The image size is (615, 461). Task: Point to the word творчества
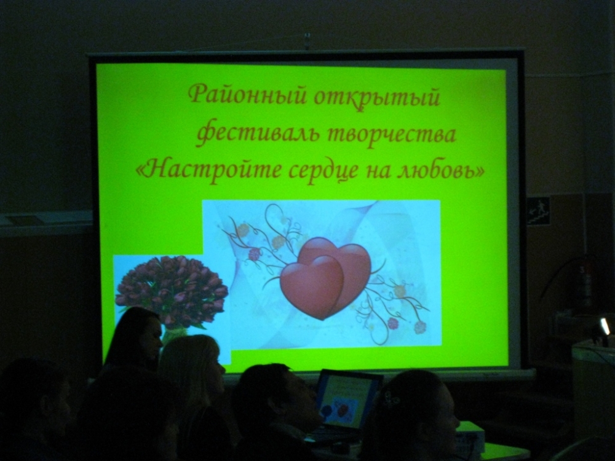[391, 135]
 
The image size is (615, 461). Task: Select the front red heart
[311, 287]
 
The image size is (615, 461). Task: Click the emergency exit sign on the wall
[538, 211]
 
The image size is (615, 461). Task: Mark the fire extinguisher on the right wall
[586, 284]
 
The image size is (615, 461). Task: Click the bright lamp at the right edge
[605, 326]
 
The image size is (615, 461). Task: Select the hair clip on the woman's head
[391, 400]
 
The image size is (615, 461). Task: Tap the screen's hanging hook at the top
[307, 41]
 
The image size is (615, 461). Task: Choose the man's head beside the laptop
[274, 396]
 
